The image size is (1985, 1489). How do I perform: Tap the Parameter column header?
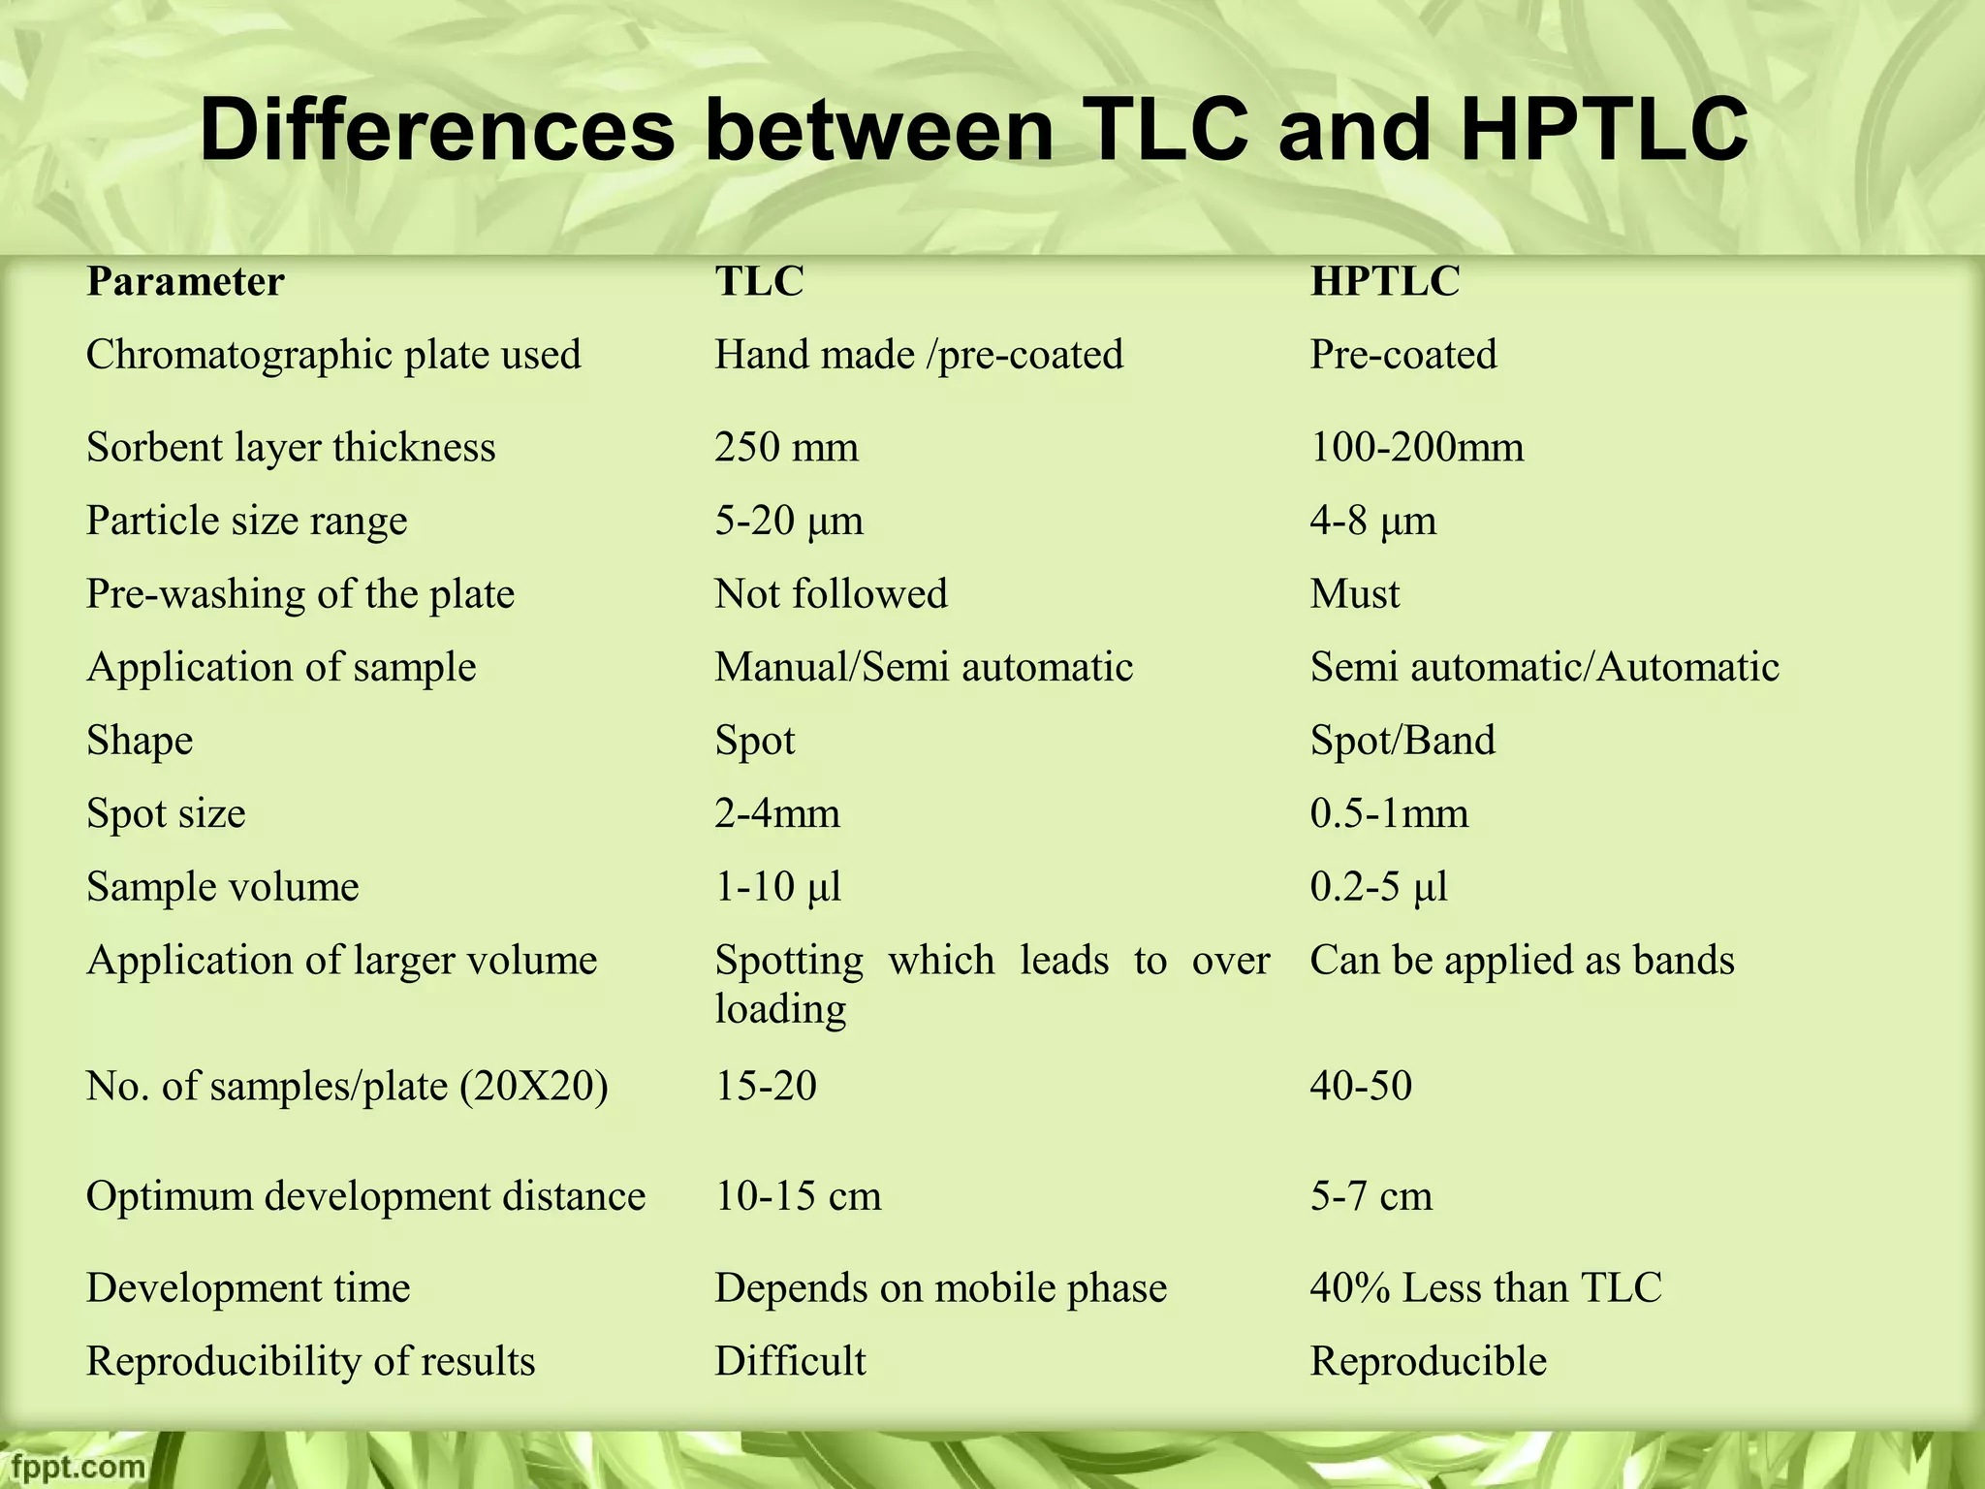click(x=185, y=282)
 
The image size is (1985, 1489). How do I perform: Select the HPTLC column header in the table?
click(x=1384, y=282)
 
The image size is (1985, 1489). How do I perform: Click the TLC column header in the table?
click(x=759, y=282)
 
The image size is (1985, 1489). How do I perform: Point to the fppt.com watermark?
click(x=74, y=1465)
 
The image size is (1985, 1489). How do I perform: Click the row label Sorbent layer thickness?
click(x=291, y=448)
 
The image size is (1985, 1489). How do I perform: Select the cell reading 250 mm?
click(x=786, y=448)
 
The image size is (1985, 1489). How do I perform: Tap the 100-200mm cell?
click(x=1416, y=448)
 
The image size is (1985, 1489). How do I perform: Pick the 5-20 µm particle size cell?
click(x=789, y=522)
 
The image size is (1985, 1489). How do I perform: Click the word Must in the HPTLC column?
click(x=1354, y=594)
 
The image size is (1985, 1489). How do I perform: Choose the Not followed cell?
click(x=831, y=594)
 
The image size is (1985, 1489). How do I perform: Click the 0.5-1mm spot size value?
click(x=1389, y=814)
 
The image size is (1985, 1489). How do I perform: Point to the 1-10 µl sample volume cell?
click(x=778, y=887)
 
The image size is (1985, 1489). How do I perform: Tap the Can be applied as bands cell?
click(x=1522, y=961)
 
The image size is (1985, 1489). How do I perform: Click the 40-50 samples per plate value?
click(x=1361, y=1086)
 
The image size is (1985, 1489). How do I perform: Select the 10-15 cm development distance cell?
click(x=798, y=1196)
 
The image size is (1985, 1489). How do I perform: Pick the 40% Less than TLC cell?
click(x=1486, y=1288)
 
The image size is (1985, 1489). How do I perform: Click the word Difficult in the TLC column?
click(x=790, y=1362)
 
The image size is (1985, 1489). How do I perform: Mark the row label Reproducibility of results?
click(x=310, y=1362)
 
